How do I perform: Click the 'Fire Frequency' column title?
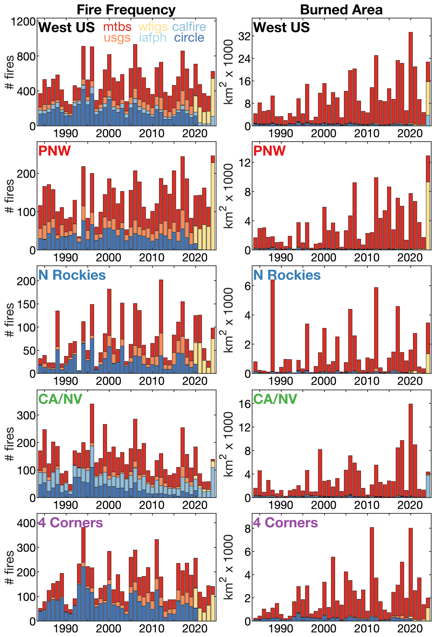pos(126,10)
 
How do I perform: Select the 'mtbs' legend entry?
pos(117,27)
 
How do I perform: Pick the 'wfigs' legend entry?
pos(153,27)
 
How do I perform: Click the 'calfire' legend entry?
pos(189,27)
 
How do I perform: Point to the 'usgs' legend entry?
pos(117,38)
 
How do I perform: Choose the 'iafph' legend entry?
pos(153,38)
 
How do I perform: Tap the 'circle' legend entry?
pos(189,38)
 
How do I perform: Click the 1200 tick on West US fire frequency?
pos(23,21)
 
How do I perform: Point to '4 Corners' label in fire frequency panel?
pos(71,523)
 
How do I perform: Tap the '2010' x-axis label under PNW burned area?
pos(367,257)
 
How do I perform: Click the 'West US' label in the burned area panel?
pos(281,27)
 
